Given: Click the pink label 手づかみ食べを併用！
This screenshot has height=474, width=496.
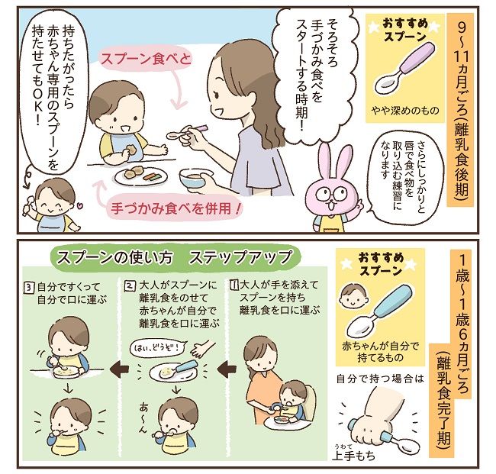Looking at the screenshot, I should pos(172,206).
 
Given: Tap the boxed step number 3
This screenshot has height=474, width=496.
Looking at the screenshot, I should pos(28,287).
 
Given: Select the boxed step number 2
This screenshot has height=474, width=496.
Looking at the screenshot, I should pos(132,287).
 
